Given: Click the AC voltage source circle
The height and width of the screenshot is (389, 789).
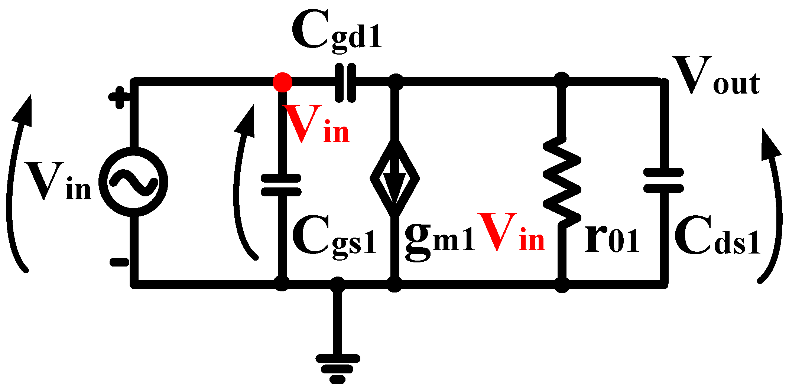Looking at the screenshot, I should [x=133, y=182].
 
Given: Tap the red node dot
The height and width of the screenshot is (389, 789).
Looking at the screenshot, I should [x=282, y=82].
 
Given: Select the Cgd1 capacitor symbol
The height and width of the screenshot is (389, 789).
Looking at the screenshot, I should [x=345, y=82].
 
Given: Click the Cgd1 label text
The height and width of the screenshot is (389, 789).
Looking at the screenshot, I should [x=337, y=32].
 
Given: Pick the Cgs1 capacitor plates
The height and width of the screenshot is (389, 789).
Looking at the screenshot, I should [x=281, y=185].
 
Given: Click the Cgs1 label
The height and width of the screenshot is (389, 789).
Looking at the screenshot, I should [x=334, y=238].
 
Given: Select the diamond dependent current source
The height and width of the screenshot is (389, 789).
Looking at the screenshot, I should [x=394, y=178].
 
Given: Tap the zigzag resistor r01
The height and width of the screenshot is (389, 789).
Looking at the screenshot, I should [x=562, y=182].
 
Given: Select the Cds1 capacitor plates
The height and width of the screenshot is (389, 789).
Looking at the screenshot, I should [x=663, y=180].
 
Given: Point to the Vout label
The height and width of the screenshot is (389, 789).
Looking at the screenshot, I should [x=715, y=76].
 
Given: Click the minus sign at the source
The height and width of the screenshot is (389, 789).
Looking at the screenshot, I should [x=119, y=262].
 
